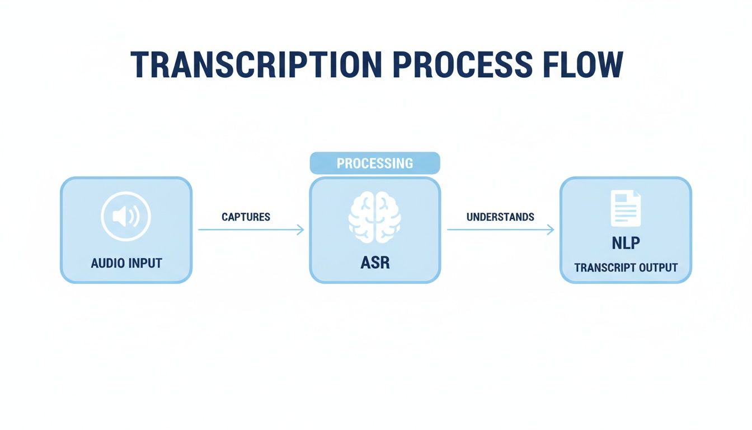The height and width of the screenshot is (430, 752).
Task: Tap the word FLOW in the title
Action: tap(590, 64)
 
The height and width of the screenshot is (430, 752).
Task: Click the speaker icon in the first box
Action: tap(126, 217)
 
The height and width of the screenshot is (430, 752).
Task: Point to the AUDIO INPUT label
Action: tap(126, 263)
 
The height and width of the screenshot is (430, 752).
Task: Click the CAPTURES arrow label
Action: tap(246, 217)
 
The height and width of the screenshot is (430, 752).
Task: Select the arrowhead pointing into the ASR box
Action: tap(301, 230)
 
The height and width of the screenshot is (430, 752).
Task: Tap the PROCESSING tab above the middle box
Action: tap(375, 163)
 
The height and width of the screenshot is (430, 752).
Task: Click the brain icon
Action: tap(375, 217)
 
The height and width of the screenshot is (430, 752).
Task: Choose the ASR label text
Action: tap(375, 263)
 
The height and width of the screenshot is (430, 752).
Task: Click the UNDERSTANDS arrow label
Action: tap(500, 217)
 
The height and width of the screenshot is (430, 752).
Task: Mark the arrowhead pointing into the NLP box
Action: tap(551, 230)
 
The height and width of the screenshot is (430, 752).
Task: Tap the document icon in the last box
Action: tap(626, 208)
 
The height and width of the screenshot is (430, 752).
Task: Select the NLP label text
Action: tap(626, 244)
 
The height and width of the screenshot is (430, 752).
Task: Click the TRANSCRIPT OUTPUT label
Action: tap(626, 267)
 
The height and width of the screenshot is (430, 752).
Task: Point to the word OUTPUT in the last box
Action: tap(656, 267)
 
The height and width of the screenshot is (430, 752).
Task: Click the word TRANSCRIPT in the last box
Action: tap(601, 267)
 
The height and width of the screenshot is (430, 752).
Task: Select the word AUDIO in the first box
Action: tap(109, 263)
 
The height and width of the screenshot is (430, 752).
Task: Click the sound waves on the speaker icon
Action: tap(134, 217)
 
